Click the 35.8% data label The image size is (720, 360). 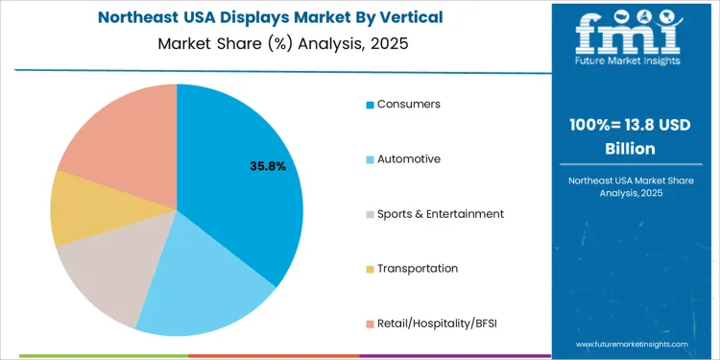pos(268,166)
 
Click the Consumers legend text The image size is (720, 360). pos(409,104)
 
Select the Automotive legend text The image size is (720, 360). pos(409,158)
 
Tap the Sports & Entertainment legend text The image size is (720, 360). pos(441,213)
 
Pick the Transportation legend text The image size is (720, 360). pos(418,268)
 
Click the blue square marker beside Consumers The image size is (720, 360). pos(369,105)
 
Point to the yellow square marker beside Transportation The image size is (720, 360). pos(369,269)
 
